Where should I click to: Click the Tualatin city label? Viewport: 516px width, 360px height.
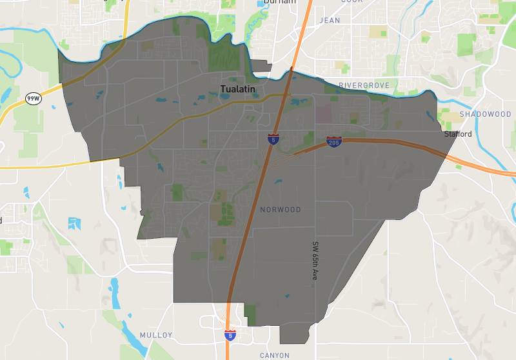(238, 89)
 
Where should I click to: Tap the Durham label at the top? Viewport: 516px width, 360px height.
(279, 3)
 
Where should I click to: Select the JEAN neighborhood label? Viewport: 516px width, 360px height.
(330, 21)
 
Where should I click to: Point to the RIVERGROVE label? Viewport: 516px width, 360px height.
(364, 85)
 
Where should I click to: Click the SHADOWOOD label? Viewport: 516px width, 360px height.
(485, 114)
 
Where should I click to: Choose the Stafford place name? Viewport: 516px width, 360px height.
(458, 134)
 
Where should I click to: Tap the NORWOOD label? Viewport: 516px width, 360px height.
(281, 210)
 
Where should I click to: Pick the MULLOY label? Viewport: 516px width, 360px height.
(156, 335)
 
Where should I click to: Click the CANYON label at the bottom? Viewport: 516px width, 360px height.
(275, 355)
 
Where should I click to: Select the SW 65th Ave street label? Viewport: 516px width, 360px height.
(315, 261)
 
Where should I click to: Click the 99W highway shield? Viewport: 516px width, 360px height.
(32, 99)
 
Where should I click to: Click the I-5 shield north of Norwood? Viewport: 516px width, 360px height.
(273, 139)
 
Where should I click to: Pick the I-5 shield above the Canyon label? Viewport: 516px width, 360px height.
(230, 334)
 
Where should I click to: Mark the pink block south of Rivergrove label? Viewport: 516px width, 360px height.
(324, 115)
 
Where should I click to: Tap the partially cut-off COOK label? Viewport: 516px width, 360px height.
(352, 2)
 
